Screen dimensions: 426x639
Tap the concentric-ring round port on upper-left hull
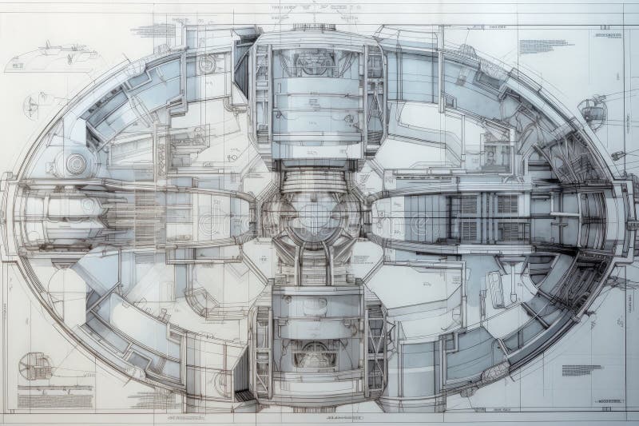pyautogui.click(x=76, y=164)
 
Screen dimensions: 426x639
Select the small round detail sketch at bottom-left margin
pyautogui.click(x=34, y=366)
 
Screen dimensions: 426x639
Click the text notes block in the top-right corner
pyautogui.click(x=546, y=46)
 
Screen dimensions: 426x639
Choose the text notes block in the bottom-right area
pyautogui.click(x=581, y=370)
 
